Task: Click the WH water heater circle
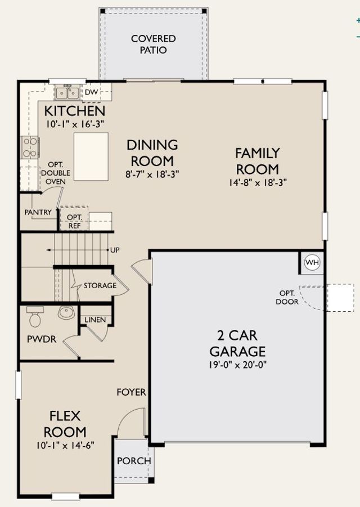(x=312, y=262)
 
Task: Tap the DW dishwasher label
(x=91, y=92)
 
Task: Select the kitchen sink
(x=67, y=93)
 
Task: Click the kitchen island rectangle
(x=91, y=156)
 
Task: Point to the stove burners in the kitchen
(x=30, y=147)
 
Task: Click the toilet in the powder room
(x=35, y=317)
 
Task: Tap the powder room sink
(x=66, y=313)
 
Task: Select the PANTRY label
(x=38, y=213)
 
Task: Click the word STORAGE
(x=100, y=285)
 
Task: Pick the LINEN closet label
(x=95, y=320)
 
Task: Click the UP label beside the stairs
(x=115, y=250)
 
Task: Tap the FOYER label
(x=131, y=392)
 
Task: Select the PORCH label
(x=134, y=461)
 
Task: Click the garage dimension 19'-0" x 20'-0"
(x=237, y=365)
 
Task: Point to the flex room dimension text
(x=65, y=445)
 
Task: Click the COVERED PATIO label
(x=154, y=44)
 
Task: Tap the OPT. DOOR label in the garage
(x=287, y=298)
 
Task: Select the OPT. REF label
(x=74, y=222)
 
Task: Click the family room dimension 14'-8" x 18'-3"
(x=258, y=182)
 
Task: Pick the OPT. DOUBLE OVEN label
(x=56, y=173)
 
